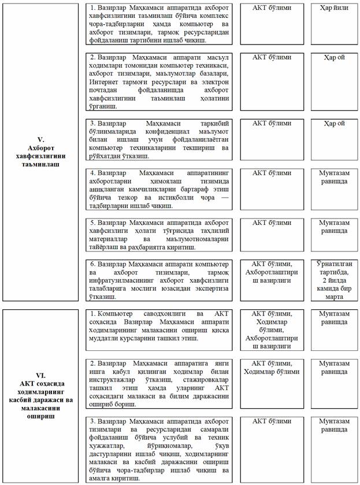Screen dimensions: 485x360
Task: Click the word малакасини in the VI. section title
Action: (x=40, y=408)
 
